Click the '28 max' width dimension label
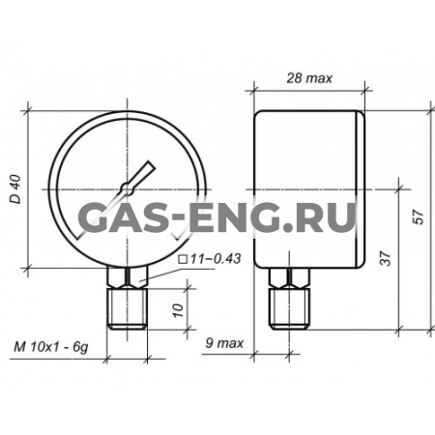pyautogui.click(x=309, y=78)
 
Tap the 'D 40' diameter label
pyautogui.click(x=15, y=189)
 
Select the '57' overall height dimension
pyautogui.click(x=418, y=217)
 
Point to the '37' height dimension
pyautogui.click(x=386, y=258)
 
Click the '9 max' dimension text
pyautogui.click(x=224, y=343)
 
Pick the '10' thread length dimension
pyautogui.click(x=178, y=310)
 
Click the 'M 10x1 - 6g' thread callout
pyautogui.click(x=50, y=348)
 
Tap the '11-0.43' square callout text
pyautogui.click(x=216, y=258)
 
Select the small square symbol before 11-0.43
pyautogui.click(x=184, y=259)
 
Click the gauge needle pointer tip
pyautogui.click(x=152, y=164)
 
